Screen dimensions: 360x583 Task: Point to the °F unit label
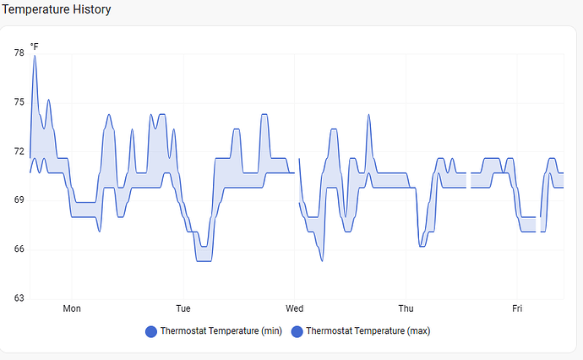35,46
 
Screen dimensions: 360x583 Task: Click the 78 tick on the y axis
19,53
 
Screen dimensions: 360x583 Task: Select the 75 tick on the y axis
19,102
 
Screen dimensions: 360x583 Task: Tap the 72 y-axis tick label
19,151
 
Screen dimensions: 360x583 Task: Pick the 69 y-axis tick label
19,200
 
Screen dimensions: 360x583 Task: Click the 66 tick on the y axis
19,249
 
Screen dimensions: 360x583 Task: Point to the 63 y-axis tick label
19,298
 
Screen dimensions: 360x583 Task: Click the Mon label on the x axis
72,309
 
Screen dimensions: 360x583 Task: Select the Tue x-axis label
183,309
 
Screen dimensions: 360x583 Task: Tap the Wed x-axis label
295,309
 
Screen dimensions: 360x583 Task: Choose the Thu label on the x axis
406,309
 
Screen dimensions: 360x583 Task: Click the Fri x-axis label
517,309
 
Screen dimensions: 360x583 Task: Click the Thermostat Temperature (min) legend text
221,331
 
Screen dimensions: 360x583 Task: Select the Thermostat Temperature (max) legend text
368,331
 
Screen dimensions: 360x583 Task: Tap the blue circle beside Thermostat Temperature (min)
151,331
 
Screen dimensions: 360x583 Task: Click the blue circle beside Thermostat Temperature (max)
297,331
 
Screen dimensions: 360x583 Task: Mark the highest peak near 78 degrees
35,56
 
